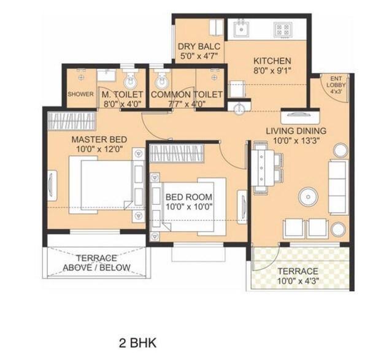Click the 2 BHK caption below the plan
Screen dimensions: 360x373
pyautogui.click(x=137, y=342)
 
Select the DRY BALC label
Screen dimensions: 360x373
pyautogui.click(x=199, y=47)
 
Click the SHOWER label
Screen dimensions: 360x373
pyautogui.click(x=80, y=94)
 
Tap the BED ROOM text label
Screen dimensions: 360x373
pyautogui.click(x=189, y=197)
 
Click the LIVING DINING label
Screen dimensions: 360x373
pyautogui.click(x=295, y=131)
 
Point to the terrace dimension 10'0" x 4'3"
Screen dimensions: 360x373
pyautogui.click(x=297, y=281)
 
